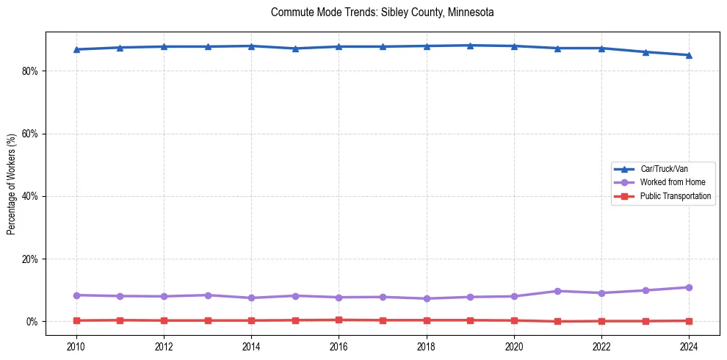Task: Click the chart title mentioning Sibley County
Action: (382, 12)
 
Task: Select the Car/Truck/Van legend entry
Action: (664, 169)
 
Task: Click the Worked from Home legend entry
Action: (669, 182)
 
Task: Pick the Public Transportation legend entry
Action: (675, 196)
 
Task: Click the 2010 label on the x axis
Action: (76, 346)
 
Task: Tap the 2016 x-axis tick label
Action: (339, 346)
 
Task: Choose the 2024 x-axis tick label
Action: (689, 346)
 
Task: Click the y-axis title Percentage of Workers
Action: (12, 184)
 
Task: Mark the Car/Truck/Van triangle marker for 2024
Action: (689, 55)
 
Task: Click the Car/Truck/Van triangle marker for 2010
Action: (76, 49)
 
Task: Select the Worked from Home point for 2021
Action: (557, 291)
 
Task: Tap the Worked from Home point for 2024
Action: (689, 287)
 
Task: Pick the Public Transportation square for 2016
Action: (339, 320)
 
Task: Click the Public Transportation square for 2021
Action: (557, 321)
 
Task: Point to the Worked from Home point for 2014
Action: (251, 298)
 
